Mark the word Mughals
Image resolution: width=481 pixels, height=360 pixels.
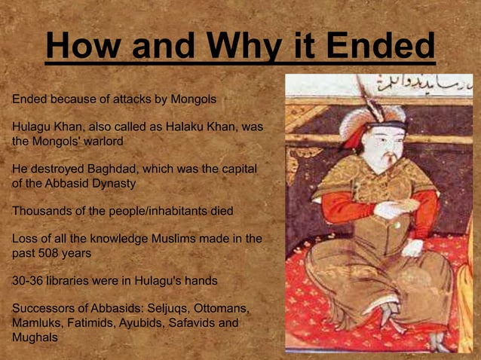tap(35, 337)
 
